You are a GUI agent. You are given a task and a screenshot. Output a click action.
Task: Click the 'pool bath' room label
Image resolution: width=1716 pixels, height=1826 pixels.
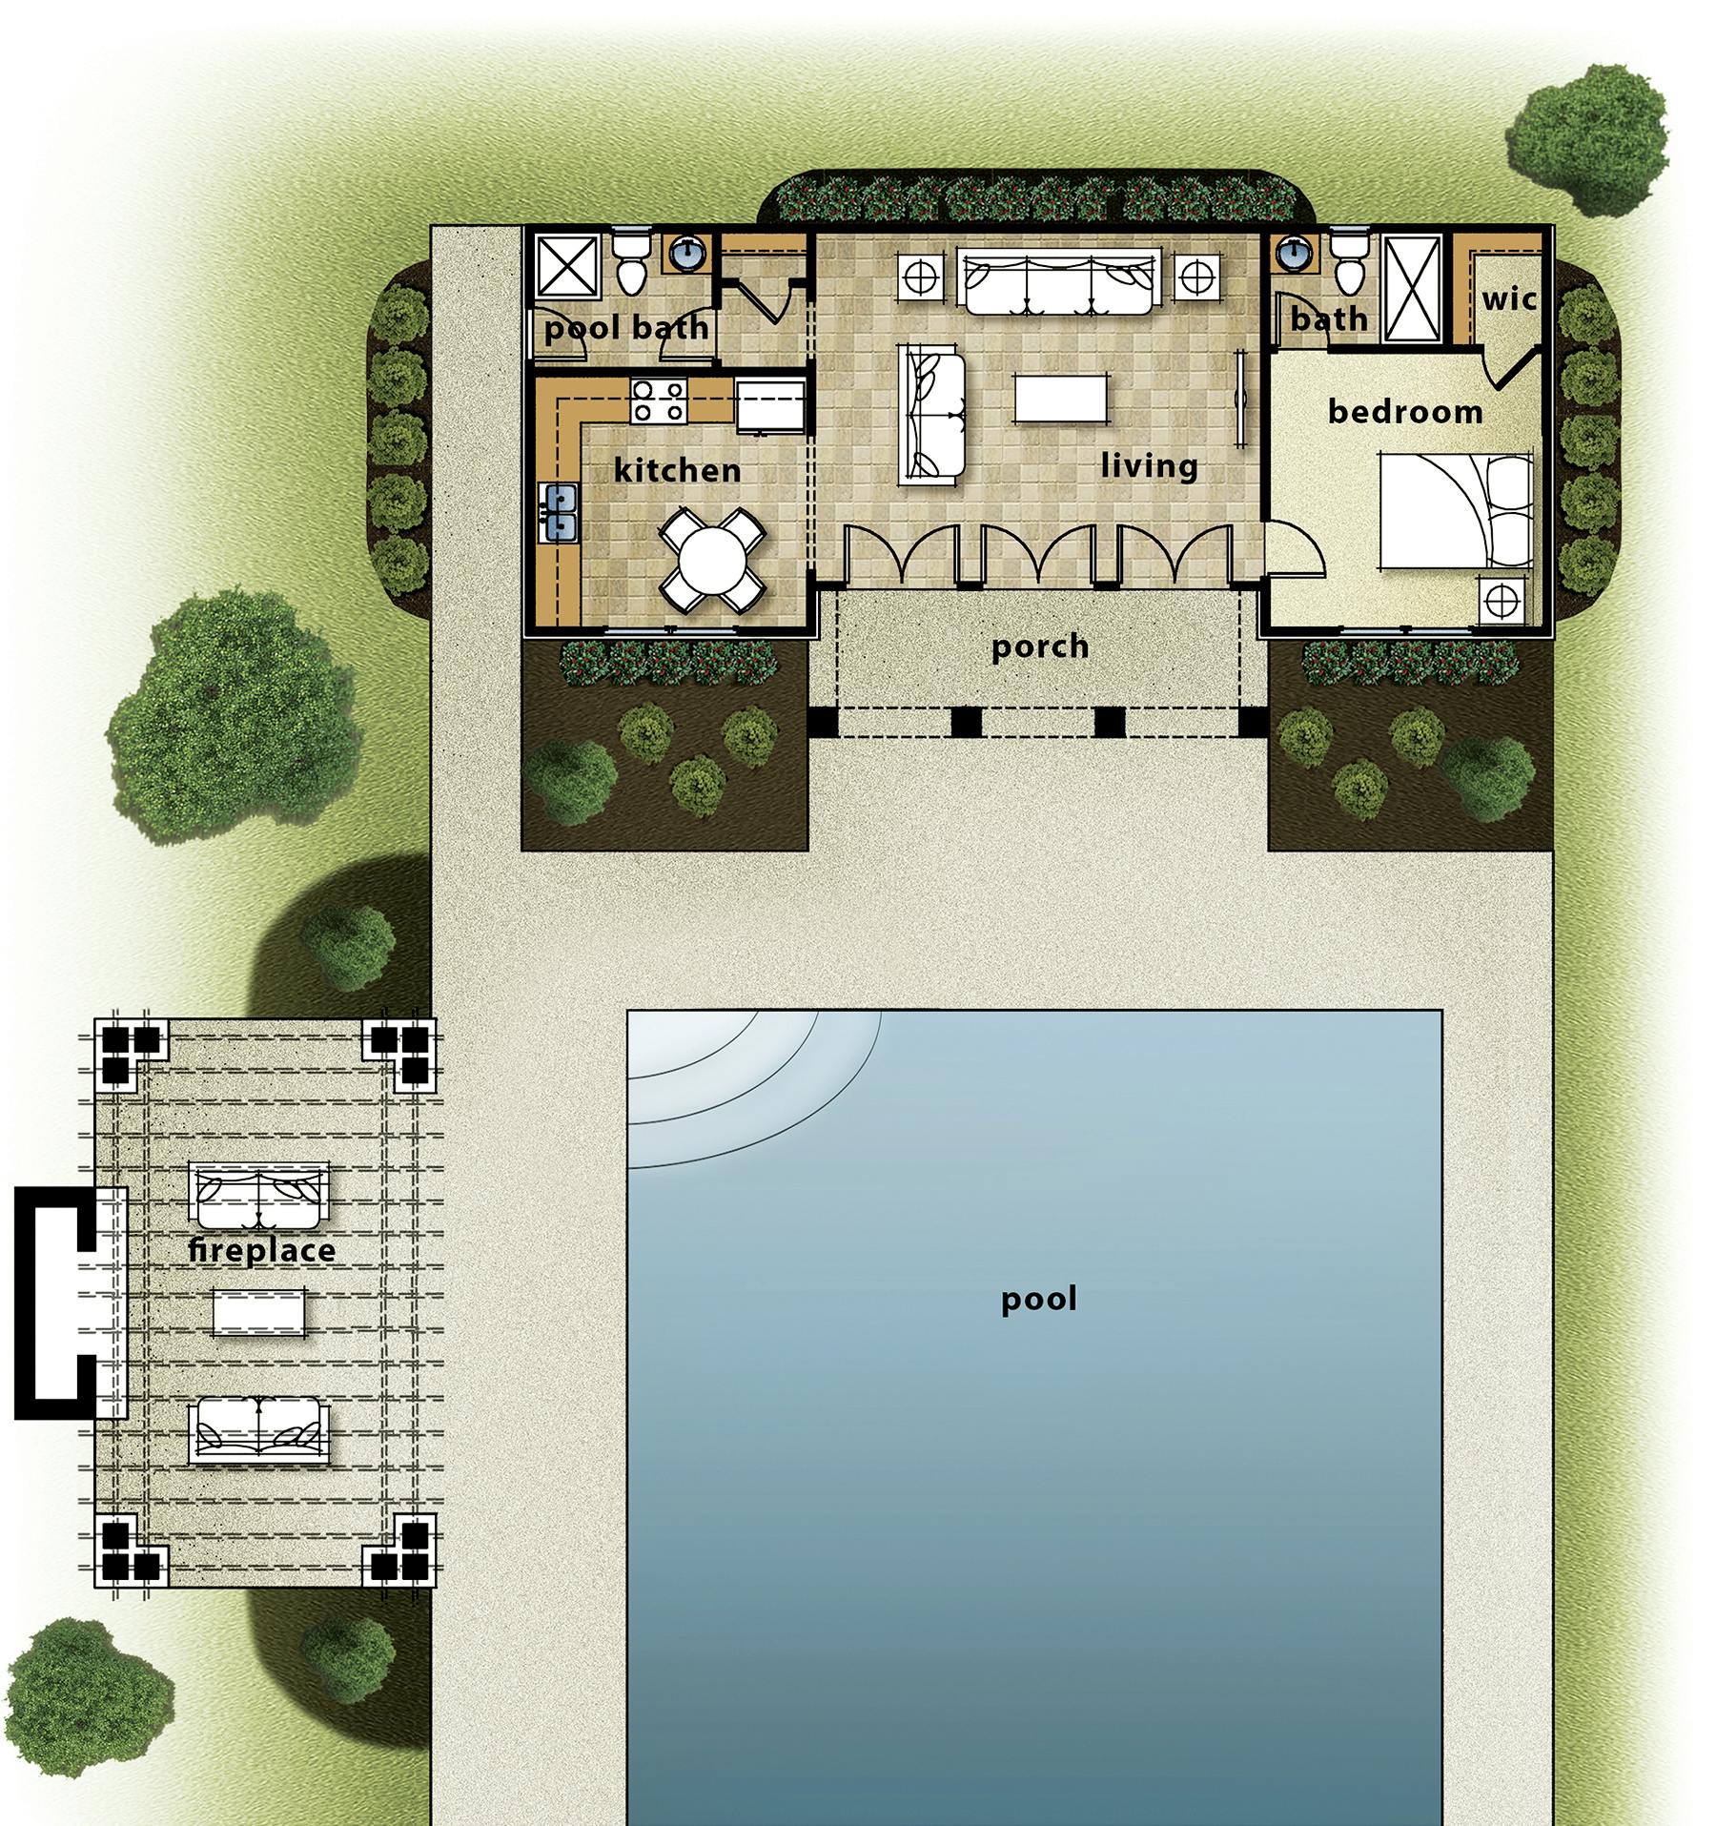[626, 328]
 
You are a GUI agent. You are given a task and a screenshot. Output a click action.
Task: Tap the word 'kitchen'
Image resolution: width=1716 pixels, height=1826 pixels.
[677, 470]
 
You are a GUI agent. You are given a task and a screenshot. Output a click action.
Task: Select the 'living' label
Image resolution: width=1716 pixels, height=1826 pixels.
[1149, 466]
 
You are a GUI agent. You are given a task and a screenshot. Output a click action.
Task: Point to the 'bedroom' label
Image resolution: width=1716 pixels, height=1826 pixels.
[1404, 412]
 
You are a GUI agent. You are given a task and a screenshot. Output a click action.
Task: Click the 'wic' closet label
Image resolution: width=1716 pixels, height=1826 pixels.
[1509, 299]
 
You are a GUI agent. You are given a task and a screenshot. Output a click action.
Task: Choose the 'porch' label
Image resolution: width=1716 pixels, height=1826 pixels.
[1040, 646]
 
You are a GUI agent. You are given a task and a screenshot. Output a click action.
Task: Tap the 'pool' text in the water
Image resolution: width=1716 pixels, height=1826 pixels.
[1038, 1299]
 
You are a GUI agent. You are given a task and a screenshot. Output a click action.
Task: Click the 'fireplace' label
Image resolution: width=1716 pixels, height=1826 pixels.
[262, 1250]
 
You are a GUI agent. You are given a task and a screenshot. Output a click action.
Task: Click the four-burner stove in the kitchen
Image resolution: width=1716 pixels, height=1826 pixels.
[659, 400]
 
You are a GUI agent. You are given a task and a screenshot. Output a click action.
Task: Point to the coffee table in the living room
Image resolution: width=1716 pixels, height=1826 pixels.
[1062, 398]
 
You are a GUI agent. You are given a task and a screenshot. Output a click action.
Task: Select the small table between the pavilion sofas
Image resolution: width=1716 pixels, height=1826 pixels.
[260, 1312]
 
